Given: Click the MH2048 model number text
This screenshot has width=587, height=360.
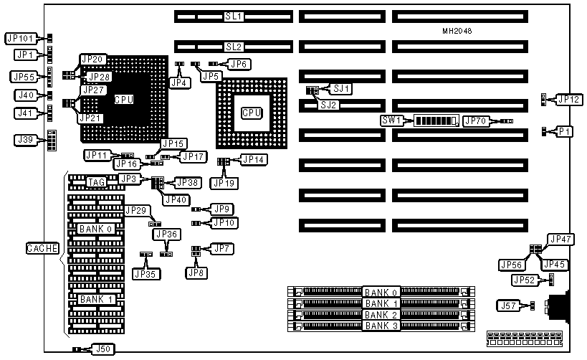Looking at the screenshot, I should pyautogui.click(x=457, y=32).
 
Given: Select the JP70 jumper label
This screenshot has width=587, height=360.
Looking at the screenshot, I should pyautogui.click(x=477, y=121).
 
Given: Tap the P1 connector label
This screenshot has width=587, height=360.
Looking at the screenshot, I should pyautogui.click(x=565, y=131).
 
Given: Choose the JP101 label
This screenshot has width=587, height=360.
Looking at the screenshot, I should pyautogui.click(x=22, y=38).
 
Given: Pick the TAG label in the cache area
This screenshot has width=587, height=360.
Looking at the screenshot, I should pyautogui.click(x=96, y=182).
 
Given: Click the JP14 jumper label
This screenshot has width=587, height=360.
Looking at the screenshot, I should pyautogui.click(x=254, y=159).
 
